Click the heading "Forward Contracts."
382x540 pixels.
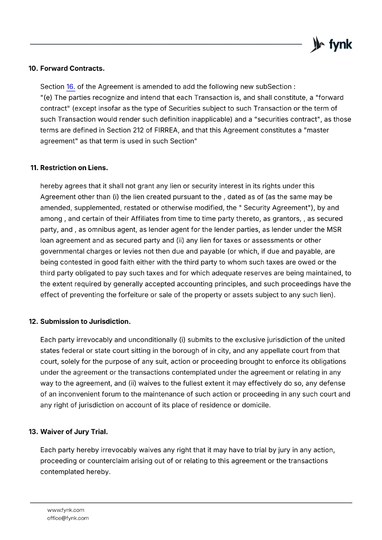[x=72, y=69]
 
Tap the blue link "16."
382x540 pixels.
[x=71, y=87]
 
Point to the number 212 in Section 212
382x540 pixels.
[x=138, y=130]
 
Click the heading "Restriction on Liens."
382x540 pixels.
[x=74, y=168]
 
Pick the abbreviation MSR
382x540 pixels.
[x=334, y=230]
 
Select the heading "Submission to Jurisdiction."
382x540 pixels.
[x=85, y=322]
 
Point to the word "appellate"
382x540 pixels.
[x=275, y=351]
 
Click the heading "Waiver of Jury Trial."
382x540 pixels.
[x=74, y=432]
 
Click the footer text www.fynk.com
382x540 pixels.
[x=66, y=510]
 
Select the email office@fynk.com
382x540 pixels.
[x=68, y=518]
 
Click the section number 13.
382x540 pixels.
[x=33, y=432]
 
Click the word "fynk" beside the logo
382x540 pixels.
[x=340, y=45]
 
